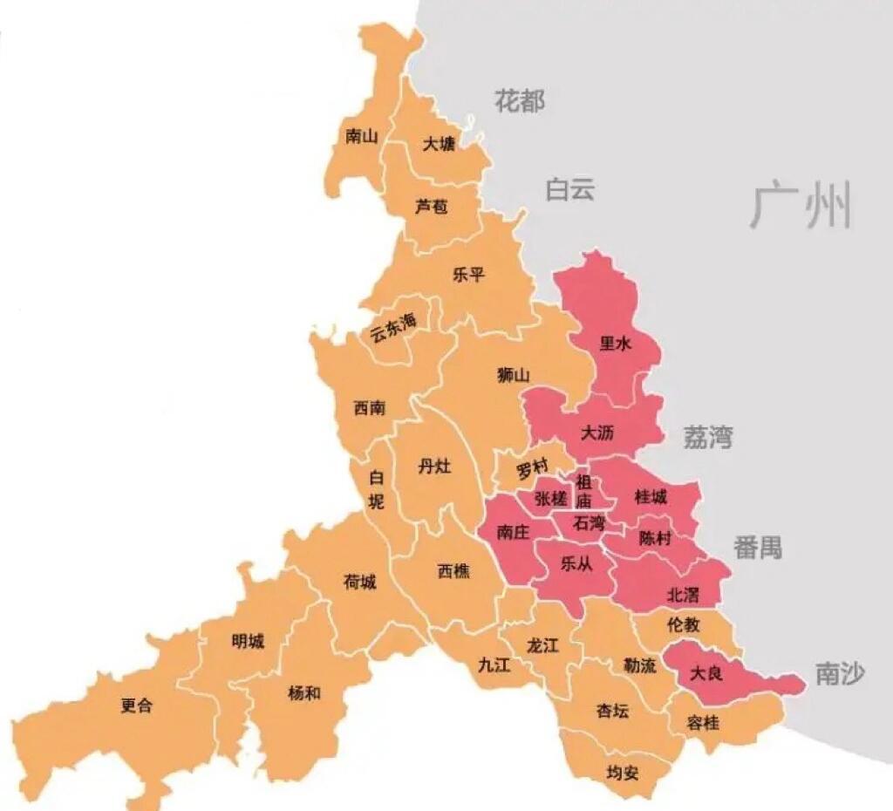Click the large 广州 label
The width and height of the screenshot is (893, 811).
(801, 206)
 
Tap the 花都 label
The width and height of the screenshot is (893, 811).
(520, 100)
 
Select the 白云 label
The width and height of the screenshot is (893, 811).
(570, 189)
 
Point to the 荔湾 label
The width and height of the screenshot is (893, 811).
(707, 437)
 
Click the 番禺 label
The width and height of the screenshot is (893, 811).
(757, 548)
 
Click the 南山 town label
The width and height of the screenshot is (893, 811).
(361, 136)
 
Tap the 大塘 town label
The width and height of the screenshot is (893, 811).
(439, 144)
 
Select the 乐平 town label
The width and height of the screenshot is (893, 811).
(468, 275)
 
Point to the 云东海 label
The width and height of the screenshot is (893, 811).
(393, 327)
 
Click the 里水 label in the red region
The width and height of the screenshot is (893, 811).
(615, 344)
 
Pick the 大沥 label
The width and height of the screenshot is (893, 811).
(597, 431)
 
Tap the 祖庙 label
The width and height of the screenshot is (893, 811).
(583, 492)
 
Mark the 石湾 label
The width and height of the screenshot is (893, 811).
(590, 523)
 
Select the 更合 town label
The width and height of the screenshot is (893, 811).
(137, 705)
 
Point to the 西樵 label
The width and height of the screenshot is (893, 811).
(453, 571)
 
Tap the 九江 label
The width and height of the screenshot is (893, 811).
(494, 664)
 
